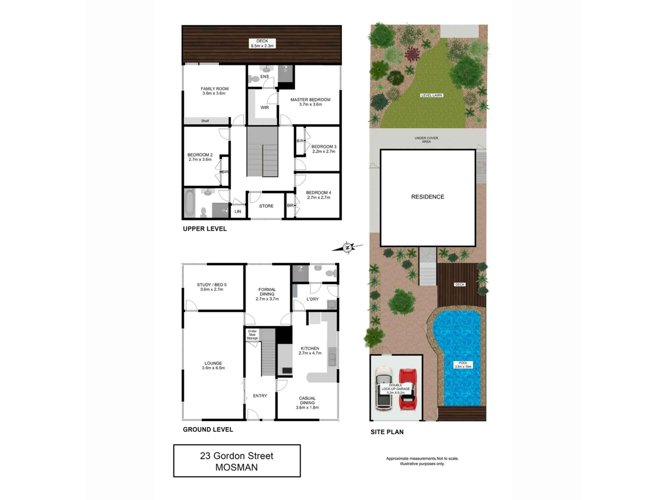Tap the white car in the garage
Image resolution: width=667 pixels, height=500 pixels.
click(384, 388)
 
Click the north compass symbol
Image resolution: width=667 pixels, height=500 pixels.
click(348, 248)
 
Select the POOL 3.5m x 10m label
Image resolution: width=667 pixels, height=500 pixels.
click(463, 365)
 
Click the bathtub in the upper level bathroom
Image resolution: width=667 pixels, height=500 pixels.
click(189, 203)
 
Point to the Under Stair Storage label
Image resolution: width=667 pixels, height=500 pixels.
click(252, 335)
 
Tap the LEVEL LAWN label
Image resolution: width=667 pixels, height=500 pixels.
click(431, 95)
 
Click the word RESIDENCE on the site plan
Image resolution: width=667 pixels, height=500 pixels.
click(428, 197)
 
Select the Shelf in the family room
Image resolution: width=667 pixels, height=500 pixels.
click(205, 121)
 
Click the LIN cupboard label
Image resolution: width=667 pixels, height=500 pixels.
click(238, 211)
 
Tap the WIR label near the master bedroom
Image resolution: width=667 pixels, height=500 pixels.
click(264, 107)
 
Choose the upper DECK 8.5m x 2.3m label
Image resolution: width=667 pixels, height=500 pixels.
click(262, 43)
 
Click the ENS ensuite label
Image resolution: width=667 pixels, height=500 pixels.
click(264, 76)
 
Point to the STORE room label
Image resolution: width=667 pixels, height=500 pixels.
click(266, 206)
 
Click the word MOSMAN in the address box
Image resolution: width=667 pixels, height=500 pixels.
click(236, 467)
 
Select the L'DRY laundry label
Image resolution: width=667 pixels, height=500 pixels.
click(312, 299)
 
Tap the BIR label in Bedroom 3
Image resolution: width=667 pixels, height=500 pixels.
click(300, 141)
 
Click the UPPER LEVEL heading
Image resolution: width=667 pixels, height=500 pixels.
click(205, 229)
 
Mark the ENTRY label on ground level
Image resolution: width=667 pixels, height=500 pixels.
click(260, 396)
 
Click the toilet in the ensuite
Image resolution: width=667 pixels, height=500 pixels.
click(254, 79)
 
